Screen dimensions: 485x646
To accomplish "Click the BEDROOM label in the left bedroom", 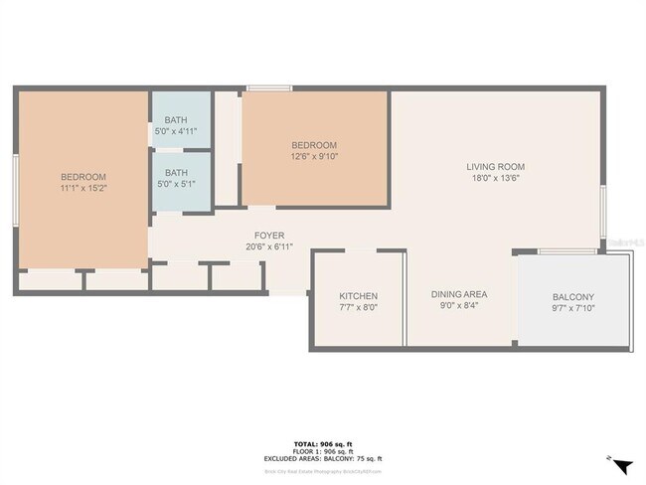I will (83, 177).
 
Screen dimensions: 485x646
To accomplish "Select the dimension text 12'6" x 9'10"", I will (313, 156).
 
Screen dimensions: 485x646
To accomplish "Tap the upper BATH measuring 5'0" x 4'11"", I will (177, 131).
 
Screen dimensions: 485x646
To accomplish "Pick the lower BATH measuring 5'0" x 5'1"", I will (177, 184).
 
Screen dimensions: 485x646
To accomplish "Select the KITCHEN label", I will (358, 296).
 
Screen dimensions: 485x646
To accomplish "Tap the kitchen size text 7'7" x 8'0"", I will (358, 308).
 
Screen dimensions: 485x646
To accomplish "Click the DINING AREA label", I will (458, 296).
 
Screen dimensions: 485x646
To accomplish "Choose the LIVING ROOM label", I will (496, 167).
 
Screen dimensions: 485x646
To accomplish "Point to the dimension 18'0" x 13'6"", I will (496, 179).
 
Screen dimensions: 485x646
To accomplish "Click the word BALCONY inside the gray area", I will (572, 297).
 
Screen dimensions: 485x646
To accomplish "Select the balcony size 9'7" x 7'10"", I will (572, 309).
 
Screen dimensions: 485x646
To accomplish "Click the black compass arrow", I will (622, 465).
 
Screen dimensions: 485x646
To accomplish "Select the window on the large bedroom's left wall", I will (15, 187).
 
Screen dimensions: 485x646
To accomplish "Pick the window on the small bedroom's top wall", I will (268, 89).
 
